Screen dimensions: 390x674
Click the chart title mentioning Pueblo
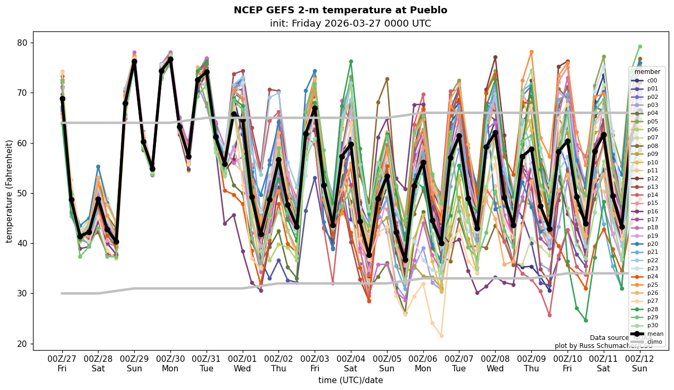click(340, 10)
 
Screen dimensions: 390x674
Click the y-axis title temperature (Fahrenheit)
click(9, 191)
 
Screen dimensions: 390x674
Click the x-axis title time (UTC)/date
click(350, 380)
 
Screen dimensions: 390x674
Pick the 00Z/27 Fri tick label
click(62, 363)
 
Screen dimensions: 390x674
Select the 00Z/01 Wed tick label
click(243, 363)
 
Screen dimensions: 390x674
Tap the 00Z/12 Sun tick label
click(639, 363)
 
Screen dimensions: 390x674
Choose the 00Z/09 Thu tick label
click(532, 363)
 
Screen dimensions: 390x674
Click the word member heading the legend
click(647, 72)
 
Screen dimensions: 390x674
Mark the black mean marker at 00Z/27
click(62, 98)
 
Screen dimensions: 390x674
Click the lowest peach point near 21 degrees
click(441, 336)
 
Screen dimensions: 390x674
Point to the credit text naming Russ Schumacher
click(603, 346)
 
